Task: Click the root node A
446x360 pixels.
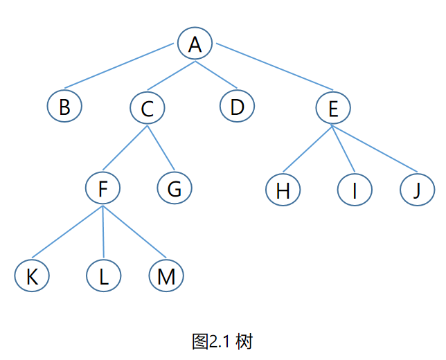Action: point(195,44)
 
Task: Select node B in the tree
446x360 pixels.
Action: point(64,107)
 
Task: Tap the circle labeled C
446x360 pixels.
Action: point(147,108)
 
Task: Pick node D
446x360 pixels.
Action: point(238,107)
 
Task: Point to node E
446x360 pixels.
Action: point(333,108)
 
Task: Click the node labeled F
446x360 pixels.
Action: point(104,188)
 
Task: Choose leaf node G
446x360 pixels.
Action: point(174,188)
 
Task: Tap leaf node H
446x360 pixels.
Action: point(283,190)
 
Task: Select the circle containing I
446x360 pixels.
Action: point(355,190)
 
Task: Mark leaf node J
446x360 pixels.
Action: point(417,190)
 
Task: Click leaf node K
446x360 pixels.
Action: point(32,276)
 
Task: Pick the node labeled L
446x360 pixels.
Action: point(104,276)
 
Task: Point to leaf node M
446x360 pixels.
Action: point(166,276)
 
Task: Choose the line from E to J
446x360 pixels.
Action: point(374,149)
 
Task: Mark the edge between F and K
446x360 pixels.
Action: point(67,233)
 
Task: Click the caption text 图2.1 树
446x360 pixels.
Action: point(222,341)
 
